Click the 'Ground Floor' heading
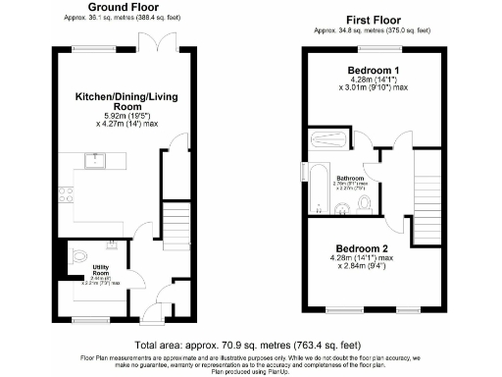pos(106,7)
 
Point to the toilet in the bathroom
pos(365,203)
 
